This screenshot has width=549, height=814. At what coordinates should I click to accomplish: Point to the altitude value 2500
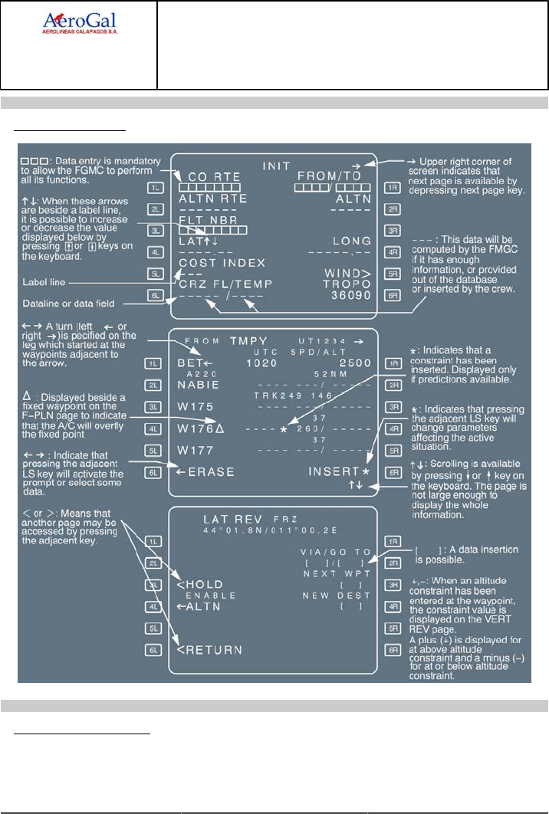pos(355,363)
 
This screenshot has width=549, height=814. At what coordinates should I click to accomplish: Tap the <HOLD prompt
pos(200,584)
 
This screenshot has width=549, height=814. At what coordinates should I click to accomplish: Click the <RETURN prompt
pos(209,650)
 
